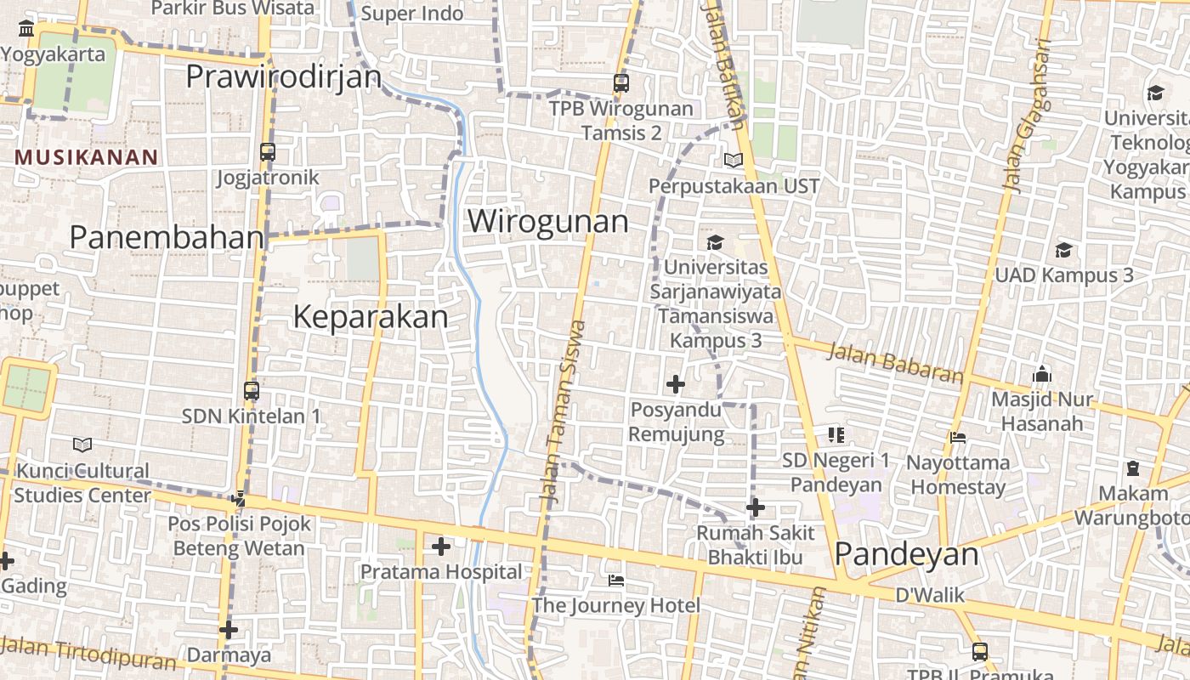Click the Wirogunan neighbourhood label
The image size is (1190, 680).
pos(548,221)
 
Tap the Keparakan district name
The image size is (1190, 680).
pos(370,317)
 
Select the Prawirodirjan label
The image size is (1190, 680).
pos(284,76)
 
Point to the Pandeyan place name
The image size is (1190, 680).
pos(906,554)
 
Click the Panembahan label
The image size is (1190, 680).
pos(167,237)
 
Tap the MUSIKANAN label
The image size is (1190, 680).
pos(87,157)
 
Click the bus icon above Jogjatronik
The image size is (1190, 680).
pos(268,152)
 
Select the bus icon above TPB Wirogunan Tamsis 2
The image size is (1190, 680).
pos(621,83)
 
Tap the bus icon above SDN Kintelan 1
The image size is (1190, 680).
pos(252,391)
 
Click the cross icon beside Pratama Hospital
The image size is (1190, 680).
pos(440,547)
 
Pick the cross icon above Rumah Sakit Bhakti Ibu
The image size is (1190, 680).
pos(755,508)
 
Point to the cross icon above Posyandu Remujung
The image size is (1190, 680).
pos(676,385)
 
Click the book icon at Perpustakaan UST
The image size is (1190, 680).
pos(733,160)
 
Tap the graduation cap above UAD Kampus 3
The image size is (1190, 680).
pos(1063,250)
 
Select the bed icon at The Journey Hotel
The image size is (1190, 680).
pos(616,581)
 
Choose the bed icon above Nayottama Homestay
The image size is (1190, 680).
pos(958,438)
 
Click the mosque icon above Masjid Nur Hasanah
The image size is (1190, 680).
pos(1042,374)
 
